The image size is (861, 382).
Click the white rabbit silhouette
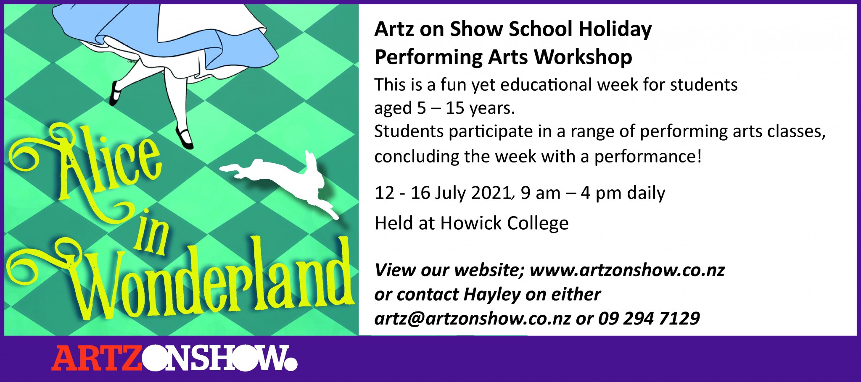pyautogui.click(x=277, y=176)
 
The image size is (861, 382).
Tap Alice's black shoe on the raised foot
pyautogui.click(x=115, y=93)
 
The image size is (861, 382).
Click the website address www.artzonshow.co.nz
pyautogui.click(x=627, y=270)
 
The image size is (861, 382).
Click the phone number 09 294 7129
pyautogui.click(x=649, y=319)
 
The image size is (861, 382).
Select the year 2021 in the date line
pyautogui.click(x=491, y=193)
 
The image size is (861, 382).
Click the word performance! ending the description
pyautogui.click(x=648, y=157)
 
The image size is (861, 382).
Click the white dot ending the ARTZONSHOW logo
pyautogui.click(x=290, y=364)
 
